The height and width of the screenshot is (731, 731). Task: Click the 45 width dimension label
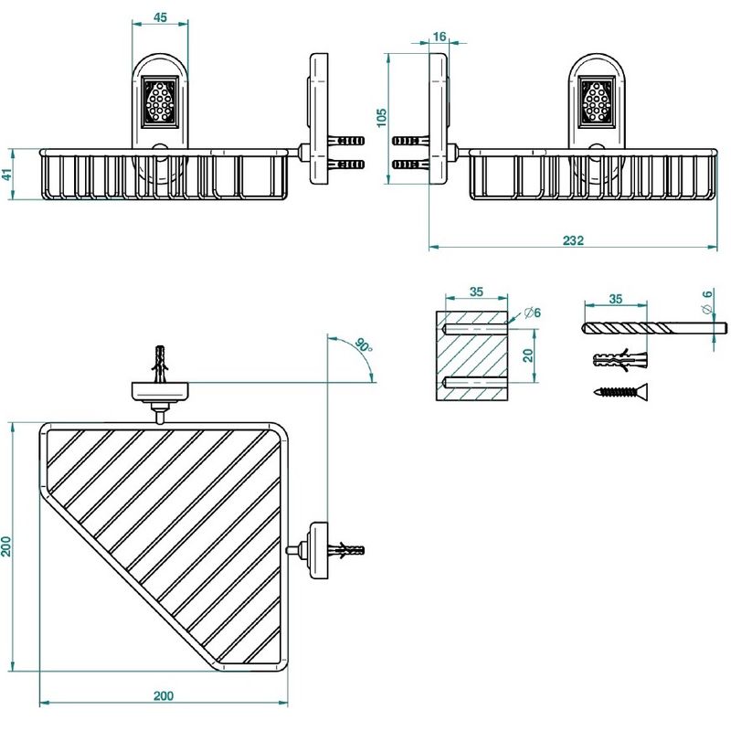[x=160, y=17]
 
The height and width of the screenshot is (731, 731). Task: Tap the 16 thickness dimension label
[x=440, y=36]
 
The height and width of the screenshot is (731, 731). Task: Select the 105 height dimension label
[x=381, y=118]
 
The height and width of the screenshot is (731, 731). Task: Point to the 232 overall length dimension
[x=573, y=240]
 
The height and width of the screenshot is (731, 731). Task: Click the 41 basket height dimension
[x=6, y=175]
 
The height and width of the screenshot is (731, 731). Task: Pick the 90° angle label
[x=364, y=345]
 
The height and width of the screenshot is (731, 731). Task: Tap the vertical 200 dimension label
[x=5, y=546]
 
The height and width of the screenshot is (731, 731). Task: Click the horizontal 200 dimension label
[x=164, y=695]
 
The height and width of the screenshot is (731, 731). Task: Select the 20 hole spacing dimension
[x=528, y=355]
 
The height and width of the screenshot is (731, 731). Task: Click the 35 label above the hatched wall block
[x=476, y=291]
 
